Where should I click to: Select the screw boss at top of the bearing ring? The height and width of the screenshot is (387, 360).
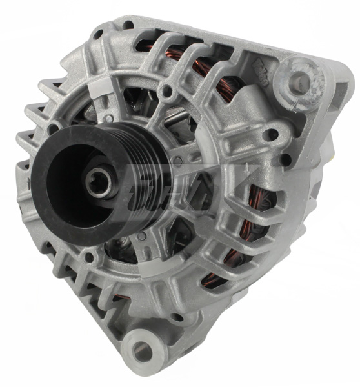tap(166, 93)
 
